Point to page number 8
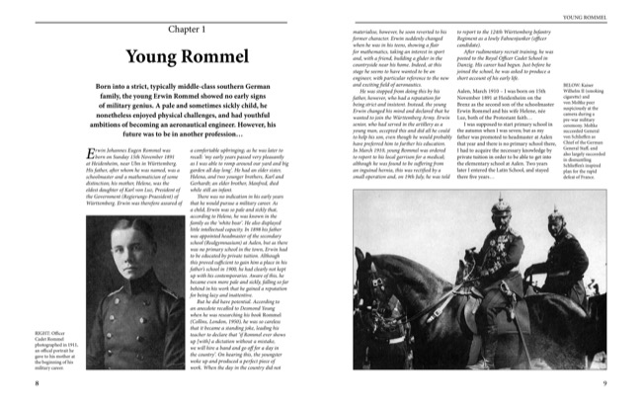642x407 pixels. tap(10, 383)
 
